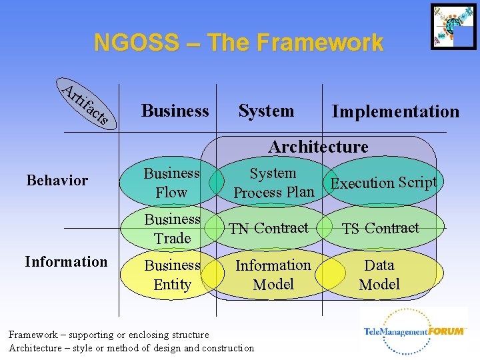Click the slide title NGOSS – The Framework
pos(239,43)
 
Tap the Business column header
pos(175,111)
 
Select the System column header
pos(266,111)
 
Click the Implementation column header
pos(395,111)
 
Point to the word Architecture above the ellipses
pos(318,147)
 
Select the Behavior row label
pos(57,180)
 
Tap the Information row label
pos(66,261)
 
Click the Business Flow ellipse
pos(172,183)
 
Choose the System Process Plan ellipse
pos(273,183)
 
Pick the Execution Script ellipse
pos(384,182)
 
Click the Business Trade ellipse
pos(172,229)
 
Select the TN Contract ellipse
pos(269,228)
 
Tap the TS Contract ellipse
pos(380,228)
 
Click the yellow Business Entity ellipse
pos(172,275)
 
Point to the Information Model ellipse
pos(273,275)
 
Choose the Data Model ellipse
pos(379,275)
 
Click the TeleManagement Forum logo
pos(415,331)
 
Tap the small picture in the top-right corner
pos(453,27)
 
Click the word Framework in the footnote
pos(33,335)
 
